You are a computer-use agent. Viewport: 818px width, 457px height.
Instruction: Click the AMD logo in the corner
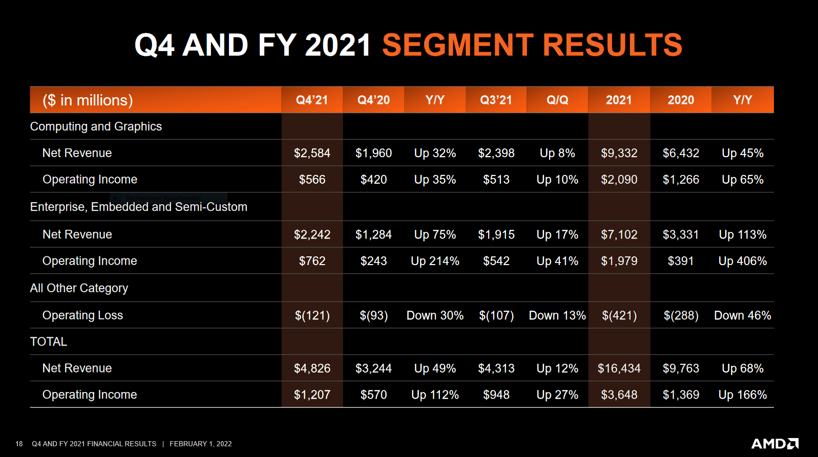click(774, 443)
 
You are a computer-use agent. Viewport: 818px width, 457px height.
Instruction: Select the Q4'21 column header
click(311, 100)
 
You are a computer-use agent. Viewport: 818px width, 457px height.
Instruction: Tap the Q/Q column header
click(557, 100)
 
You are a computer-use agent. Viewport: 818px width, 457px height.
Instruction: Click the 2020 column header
click(680, 100)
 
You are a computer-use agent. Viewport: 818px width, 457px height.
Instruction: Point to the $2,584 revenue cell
click(312, 153)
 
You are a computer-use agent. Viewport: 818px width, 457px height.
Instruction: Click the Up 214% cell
click(435, 261)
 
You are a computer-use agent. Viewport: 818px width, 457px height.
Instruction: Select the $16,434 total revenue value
click(619, 368)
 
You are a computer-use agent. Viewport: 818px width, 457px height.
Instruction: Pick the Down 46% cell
click(742, 315)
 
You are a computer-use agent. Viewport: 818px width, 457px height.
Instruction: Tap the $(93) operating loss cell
click(373, 315)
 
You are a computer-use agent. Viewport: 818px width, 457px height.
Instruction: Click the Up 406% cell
click(742, 261)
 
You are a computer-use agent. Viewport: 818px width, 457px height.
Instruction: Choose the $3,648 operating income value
click(619, 395)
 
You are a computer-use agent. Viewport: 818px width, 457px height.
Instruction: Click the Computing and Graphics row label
click(96, 126)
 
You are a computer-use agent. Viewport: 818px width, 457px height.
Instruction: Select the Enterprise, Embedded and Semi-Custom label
click(138, 207)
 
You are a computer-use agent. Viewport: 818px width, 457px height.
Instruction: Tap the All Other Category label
click(79, 288)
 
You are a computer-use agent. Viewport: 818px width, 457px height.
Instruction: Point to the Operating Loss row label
click(82, 315)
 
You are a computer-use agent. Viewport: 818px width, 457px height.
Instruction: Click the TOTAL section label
click(48, 342)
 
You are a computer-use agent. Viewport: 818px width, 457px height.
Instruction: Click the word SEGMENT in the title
click(457, 45)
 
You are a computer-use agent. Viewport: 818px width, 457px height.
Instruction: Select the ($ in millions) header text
click(88, 100)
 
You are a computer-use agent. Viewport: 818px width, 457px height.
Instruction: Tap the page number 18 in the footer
click(19, 444)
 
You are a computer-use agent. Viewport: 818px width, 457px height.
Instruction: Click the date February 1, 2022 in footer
click(200, 444)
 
